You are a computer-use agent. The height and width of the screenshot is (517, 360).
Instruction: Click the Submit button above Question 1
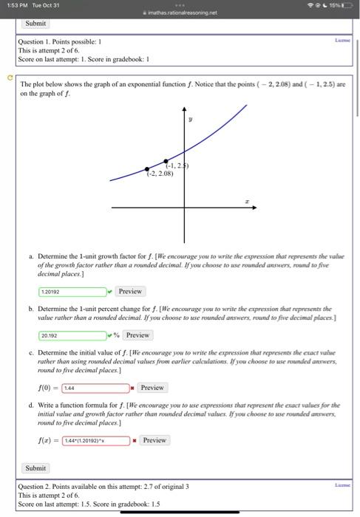tap(36, 23)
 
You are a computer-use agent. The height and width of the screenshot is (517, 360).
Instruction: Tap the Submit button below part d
tap(35, 468)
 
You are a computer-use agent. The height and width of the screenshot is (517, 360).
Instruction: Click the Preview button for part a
tap(130, 291)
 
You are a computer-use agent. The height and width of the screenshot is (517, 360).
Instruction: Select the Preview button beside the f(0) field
tap(152, 387)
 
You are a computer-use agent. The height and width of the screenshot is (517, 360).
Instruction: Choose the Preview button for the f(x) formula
tap(154, 440)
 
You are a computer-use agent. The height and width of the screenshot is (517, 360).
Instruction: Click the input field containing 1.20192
tap(72, 291)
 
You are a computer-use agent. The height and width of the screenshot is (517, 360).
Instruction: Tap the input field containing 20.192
tap(72, 335)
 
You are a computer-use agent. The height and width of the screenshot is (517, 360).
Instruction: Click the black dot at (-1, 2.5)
tap(165, 160)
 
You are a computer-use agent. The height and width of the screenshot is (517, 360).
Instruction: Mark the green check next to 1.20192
tap(109, 291)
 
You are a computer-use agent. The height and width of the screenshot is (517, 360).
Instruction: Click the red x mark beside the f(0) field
tap(132, 387)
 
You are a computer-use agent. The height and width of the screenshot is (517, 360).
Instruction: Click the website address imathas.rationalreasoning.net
tap(180, 13)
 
